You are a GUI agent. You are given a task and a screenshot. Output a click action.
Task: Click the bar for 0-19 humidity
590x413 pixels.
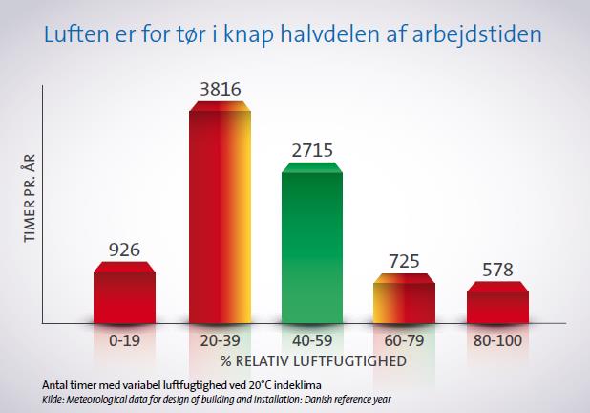(x=124, y=293)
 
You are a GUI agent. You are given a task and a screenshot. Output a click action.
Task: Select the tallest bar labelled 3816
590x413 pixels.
(x=221, y=212)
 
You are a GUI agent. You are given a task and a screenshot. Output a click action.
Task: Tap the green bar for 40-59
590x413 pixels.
(x=312, y=243)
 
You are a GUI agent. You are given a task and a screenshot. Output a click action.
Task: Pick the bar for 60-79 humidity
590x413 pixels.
(x=404, y=298)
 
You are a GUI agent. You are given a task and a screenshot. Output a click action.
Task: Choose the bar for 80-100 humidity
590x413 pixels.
(x=497, y=302)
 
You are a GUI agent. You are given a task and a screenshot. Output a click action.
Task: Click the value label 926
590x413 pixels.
(x=124, y=250)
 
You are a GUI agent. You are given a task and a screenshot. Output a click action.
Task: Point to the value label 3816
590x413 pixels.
(x=221, y=89)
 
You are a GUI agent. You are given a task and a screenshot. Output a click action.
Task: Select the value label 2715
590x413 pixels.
(x=312, y=150)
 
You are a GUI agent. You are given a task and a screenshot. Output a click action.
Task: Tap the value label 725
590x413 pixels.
(x=404, y=261)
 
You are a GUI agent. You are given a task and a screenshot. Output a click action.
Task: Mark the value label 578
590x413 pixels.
(x=497, y=270)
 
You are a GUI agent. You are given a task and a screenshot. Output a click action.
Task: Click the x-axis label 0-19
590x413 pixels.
(x=124, y=340)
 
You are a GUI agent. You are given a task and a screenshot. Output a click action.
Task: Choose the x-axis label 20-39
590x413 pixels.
(x=221, y=340)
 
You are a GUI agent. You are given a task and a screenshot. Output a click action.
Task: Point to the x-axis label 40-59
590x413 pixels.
(x=312, y=340)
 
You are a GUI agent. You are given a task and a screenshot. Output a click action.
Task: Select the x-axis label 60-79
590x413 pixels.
(x=404, y=340)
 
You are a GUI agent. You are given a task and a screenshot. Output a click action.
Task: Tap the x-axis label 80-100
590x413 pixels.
(x=497, y=340)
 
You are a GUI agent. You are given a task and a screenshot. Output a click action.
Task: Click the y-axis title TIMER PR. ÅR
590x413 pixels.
(x=30, y=198)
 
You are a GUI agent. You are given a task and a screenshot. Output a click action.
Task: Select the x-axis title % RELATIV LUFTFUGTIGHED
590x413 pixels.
(x=313, y=361)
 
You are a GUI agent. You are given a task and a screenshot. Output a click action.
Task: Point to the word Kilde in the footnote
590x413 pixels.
(x=52, y=400)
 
